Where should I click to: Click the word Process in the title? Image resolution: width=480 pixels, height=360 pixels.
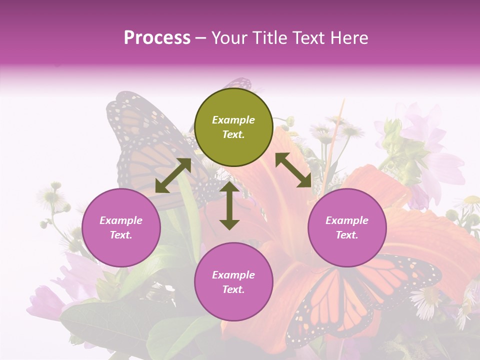coord(157,38)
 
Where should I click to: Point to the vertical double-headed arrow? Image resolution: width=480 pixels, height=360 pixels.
coord(229,205)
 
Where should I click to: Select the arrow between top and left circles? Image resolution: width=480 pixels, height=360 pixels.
coord(173,175)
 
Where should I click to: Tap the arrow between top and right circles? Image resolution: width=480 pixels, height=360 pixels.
coord(293,170)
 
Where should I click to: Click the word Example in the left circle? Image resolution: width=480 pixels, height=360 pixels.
coord(121,220)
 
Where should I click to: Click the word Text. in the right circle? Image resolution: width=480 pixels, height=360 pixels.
coord(346,235)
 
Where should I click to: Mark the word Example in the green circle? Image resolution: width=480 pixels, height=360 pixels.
coord(233,120)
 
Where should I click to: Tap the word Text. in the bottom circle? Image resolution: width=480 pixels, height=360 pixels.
coord(233,289)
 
